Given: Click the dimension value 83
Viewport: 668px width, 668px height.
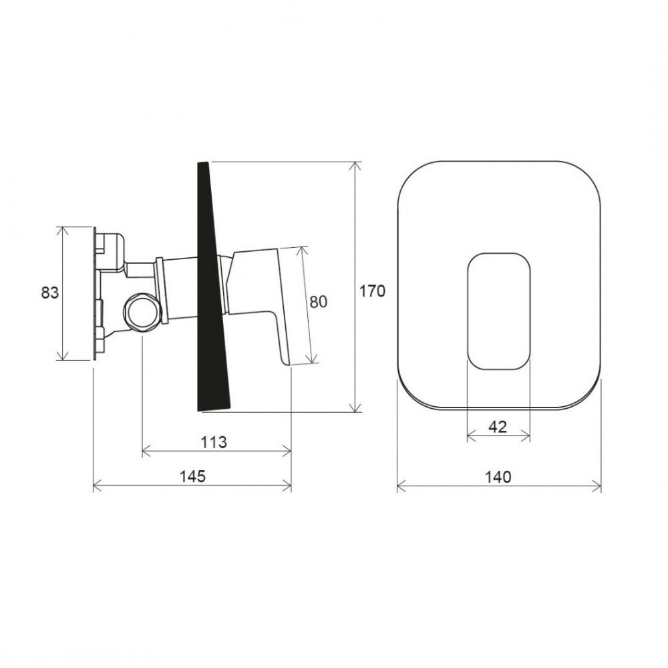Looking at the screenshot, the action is point(50,293).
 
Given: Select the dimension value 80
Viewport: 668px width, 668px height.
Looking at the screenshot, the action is point(318,302).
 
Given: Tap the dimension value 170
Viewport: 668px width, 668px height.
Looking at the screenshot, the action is point(372,291).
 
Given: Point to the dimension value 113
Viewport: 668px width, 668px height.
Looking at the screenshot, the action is point(214,442).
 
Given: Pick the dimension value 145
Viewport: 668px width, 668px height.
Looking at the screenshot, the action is point(192,476).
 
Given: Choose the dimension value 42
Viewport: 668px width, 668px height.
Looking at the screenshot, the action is point(498,426).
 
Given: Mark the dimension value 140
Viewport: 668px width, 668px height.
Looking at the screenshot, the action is point(498,477).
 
